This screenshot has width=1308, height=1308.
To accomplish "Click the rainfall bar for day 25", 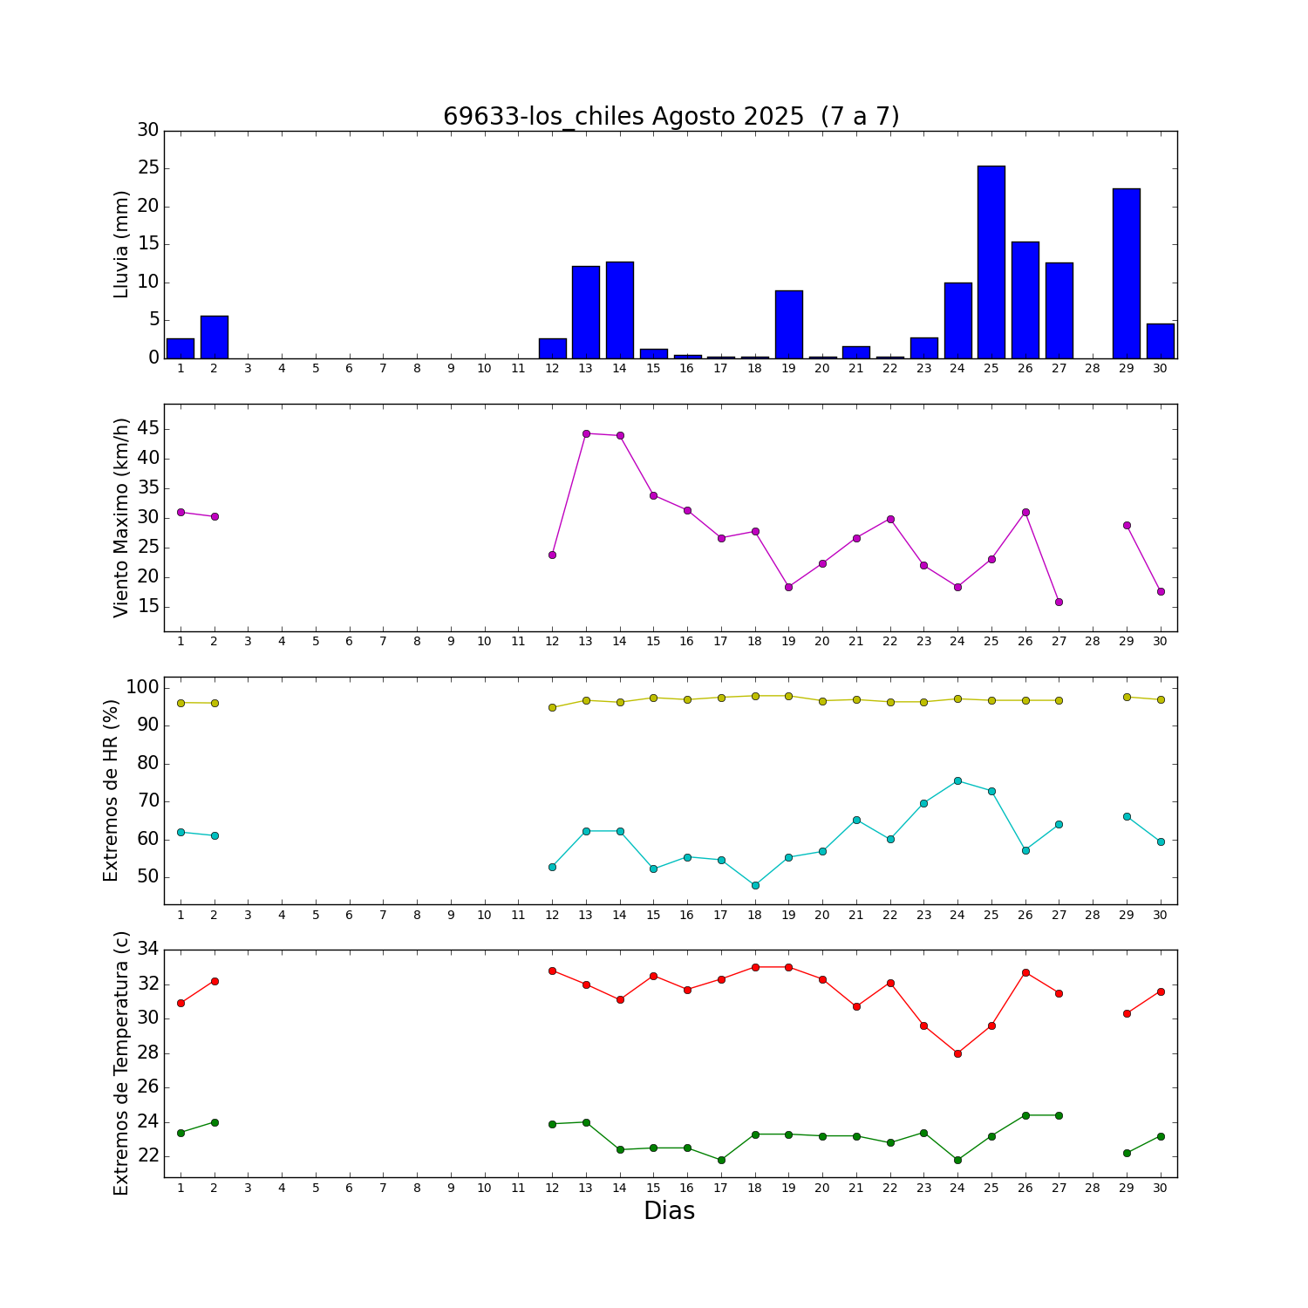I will click(x=991, y=262).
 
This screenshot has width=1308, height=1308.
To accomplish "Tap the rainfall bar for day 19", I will click(x=788, y=324).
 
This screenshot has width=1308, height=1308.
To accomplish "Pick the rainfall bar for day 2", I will click(x=215, y=337).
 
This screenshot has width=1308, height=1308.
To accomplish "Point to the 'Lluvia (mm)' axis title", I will click(x=121, y=244).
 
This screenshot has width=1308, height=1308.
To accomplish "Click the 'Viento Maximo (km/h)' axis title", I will click(x=121, y=517).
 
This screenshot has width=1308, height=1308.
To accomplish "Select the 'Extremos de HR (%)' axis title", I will click(x=111, y=790).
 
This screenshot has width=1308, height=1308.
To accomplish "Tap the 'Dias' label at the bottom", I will click(x=669, y=1210).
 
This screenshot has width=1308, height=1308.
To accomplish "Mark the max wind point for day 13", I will click(x=586, y=433).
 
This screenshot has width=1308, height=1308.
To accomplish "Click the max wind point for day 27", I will click(x=1059, y=602).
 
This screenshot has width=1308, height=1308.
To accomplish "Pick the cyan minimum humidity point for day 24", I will click(x=957, y=780).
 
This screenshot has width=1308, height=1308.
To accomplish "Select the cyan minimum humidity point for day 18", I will click(x=755, y=885).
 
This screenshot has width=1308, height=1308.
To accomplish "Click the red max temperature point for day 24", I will click(x=957, y=1053).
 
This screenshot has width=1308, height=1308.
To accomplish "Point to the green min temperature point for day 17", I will click(x=721, y=1160).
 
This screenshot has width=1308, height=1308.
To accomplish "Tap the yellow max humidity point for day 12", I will click(x=552, y=707).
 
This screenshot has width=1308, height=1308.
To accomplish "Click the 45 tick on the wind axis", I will click(x=148, y=428).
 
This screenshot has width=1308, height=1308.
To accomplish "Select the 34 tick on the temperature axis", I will click(x=148, y=950).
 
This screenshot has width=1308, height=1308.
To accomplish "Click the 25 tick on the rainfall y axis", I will click(x=148, y=168).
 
